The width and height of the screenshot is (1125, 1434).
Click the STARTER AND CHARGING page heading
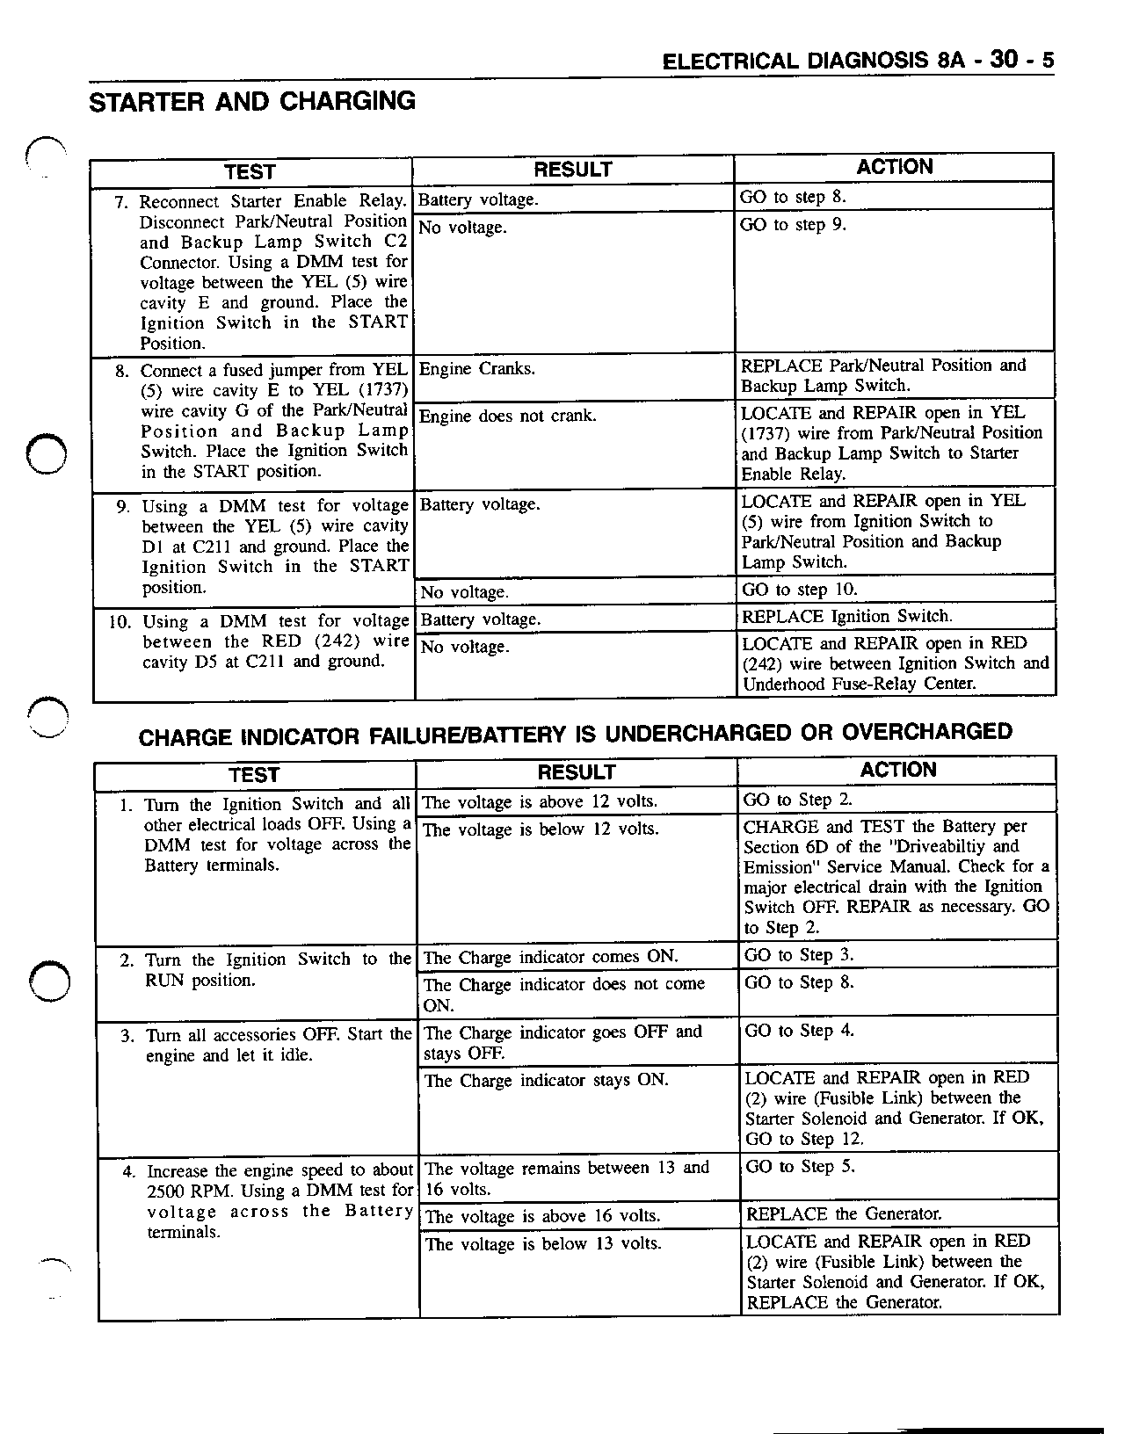[252, 102]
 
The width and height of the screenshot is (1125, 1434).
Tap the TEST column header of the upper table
[250, 171]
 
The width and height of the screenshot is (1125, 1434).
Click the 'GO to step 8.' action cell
[793, 197]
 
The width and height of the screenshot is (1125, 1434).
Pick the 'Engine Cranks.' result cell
[476, 369]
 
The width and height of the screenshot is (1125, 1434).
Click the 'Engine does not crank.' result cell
[507, 416]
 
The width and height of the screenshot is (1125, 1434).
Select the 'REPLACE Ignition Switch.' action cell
[846, 616]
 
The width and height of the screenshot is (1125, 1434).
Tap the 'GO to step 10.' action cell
[799, 590]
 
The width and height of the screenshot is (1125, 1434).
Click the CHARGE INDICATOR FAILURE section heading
[575, 734]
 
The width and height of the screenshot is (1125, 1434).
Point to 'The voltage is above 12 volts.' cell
[540, 801]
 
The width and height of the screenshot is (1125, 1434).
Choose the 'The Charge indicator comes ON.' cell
[551, 957]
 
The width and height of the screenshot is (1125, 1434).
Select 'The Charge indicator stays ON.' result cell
[546, 1081]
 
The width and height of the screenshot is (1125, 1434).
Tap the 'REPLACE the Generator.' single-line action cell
[844, 1214]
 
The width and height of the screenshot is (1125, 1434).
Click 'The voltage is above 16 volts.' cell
[541, 1216]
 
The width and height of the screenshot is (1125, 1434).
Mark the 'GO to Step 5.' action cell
[800, 1167]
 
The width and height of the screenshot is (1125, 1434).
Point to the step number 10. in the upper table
[120, 623]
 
